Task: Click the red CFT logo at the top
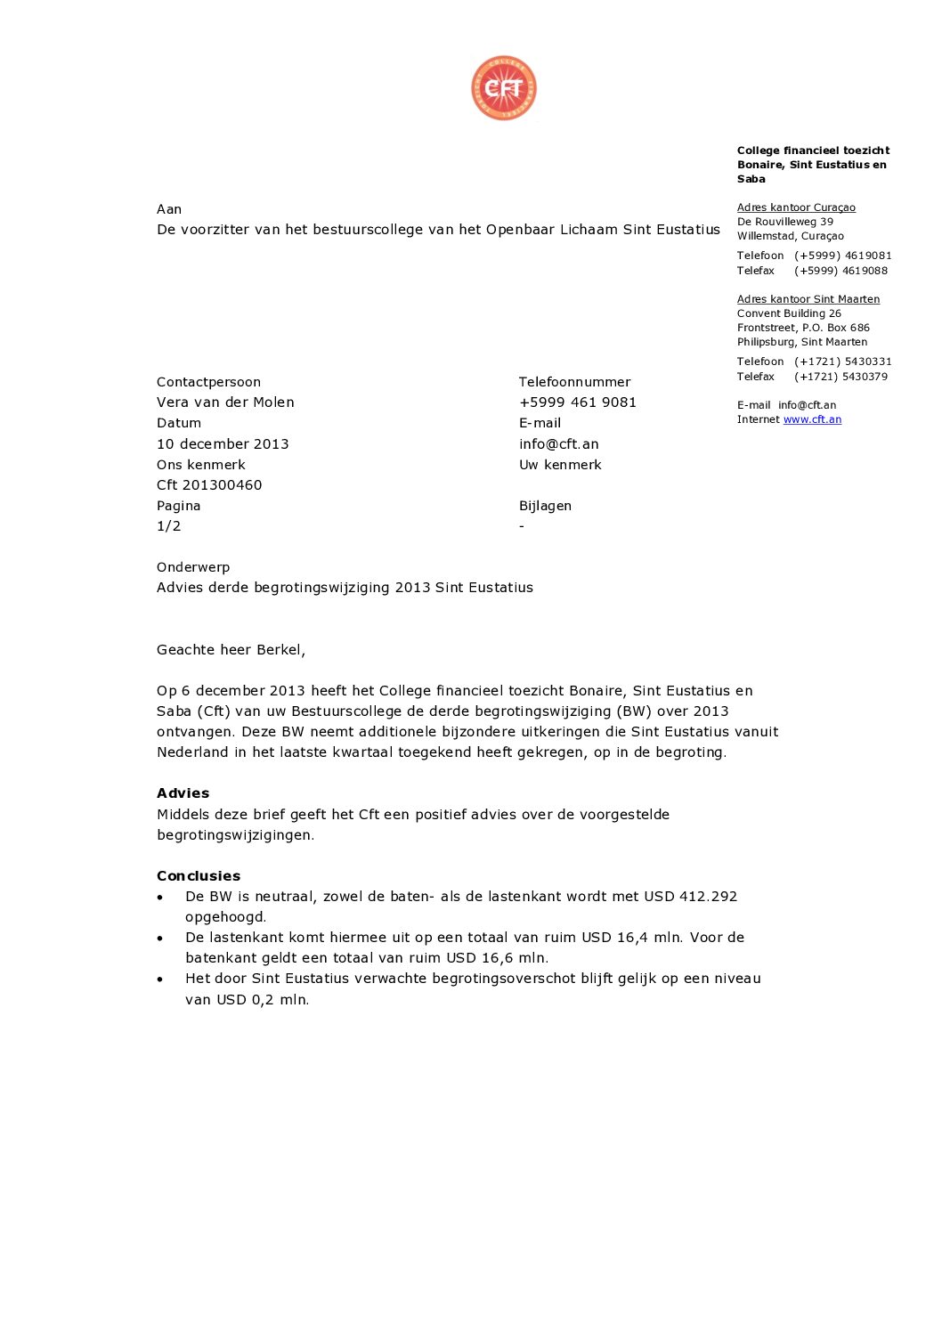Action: coord(504,88)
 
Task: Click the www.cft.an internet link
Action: coord(812,419)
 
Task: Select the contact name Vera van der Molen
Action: coord(225,402)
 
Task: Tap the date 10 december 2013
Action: coord(223,443)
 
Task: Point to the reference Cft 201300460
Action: coord(209,485)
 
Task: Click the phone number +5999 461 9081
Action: coord(577,402)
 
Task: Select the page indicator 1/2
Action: coord(168,526)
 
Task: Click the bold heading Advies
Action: coord(183,793)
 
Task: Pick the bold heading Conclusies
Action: coord(199,876)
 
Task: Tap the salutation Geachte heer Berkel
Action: coord(231,650)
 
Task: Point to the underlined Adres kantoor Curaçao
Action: coord(796,207)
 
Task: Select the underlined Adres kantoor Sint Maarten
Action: coord(808,299)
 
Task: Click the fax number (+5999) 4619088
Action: coord(840,271)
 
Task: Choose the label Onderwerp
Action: coord(193,567)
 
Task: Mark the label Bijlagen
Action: coord(545,506)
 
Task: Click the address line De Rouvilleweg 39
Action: coord(784,222)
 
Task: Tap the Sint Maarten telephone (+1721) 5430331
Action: coord(842,362)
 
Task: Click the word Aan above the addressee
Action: coord(169,209)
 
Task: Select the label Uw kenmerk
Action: coord(560,465)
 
